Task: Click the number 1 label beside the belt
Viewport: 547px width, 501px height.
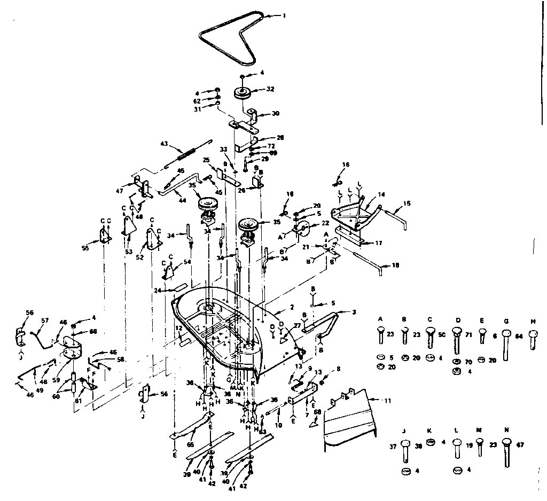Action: coord(284,15)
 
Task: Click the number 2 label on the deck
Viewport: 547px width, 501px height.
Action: coord(292,307)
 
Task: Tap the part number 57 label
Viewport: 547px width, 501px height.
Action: coord(45,321)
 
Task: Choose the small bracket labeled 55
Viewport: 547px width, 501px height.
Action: coord(104,236)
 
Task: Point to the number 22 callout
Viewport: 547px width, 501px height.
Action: coord(325,223)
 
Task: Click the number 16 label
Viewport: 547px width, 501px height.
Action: coord(346,166)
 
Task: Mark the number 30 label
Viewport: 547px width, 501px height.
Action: coord(276,113)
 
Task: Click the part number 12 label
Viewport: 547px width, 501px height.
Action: coord(178,328)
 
